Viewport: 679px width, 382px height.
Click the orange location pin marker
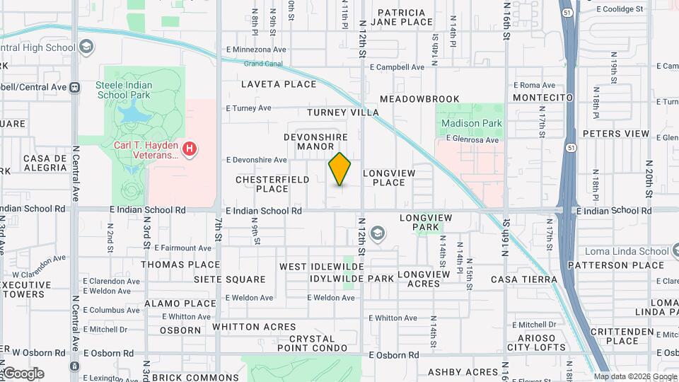[339, 169]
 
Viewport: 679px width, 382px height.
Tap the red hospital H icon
[189, 149]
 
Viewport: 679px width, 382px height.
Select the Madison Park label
[471, 123]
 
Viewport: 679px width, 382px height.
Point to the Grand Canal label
[263, 64]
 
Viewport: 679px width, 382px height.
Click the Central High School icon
[86, 47]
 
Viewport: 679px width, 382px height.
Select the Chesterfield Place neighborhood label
[272, 184]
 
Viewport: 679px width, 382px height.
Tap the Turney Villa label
[343, 112]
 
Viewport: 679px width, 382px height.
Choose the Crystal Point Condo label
[312, 343]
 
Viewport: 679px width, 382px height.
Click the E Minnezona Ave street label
[256, 50]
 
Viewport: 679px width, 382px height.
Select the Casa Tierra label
[524, 279]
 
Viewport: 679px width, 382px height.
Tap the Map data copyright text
[634, 376]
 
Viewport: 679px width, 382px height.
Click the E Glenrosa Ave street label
[472, 140]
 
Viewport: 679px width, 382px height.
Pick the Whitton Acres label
[254, 326]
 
